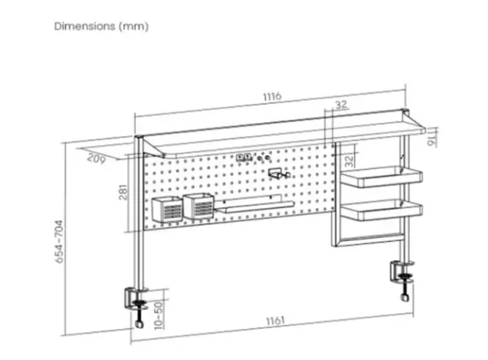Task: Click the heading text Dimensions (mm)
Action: click(102, 26)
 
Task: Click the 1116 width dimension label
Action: click(272, 96)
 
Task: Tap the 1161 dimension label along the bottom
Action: click(275, 320)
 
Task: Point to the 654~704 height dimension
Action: click(59, 242)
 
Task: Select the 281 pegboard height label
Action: click(124, 193)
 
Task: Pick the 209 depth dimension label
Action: click(96, 158)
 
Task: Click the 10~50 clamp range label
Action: click(159, 315)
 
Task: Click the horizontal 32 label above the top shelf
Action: click(341, 104)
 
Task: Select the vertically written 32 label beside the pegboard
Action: click(350, 160)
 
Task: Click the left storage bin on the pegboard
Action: click(167, 209)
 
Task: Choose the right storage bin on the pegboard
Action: click(199, 206)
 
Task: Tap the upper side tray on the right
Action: click(382, 177)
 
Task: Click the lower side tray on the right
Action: click(382, 210)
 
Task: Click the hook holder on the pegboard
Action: click(279, 174)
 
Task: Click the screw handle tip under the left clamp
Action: click(139, 324)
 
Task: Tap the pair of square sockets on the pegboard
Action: click(243, 157)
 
